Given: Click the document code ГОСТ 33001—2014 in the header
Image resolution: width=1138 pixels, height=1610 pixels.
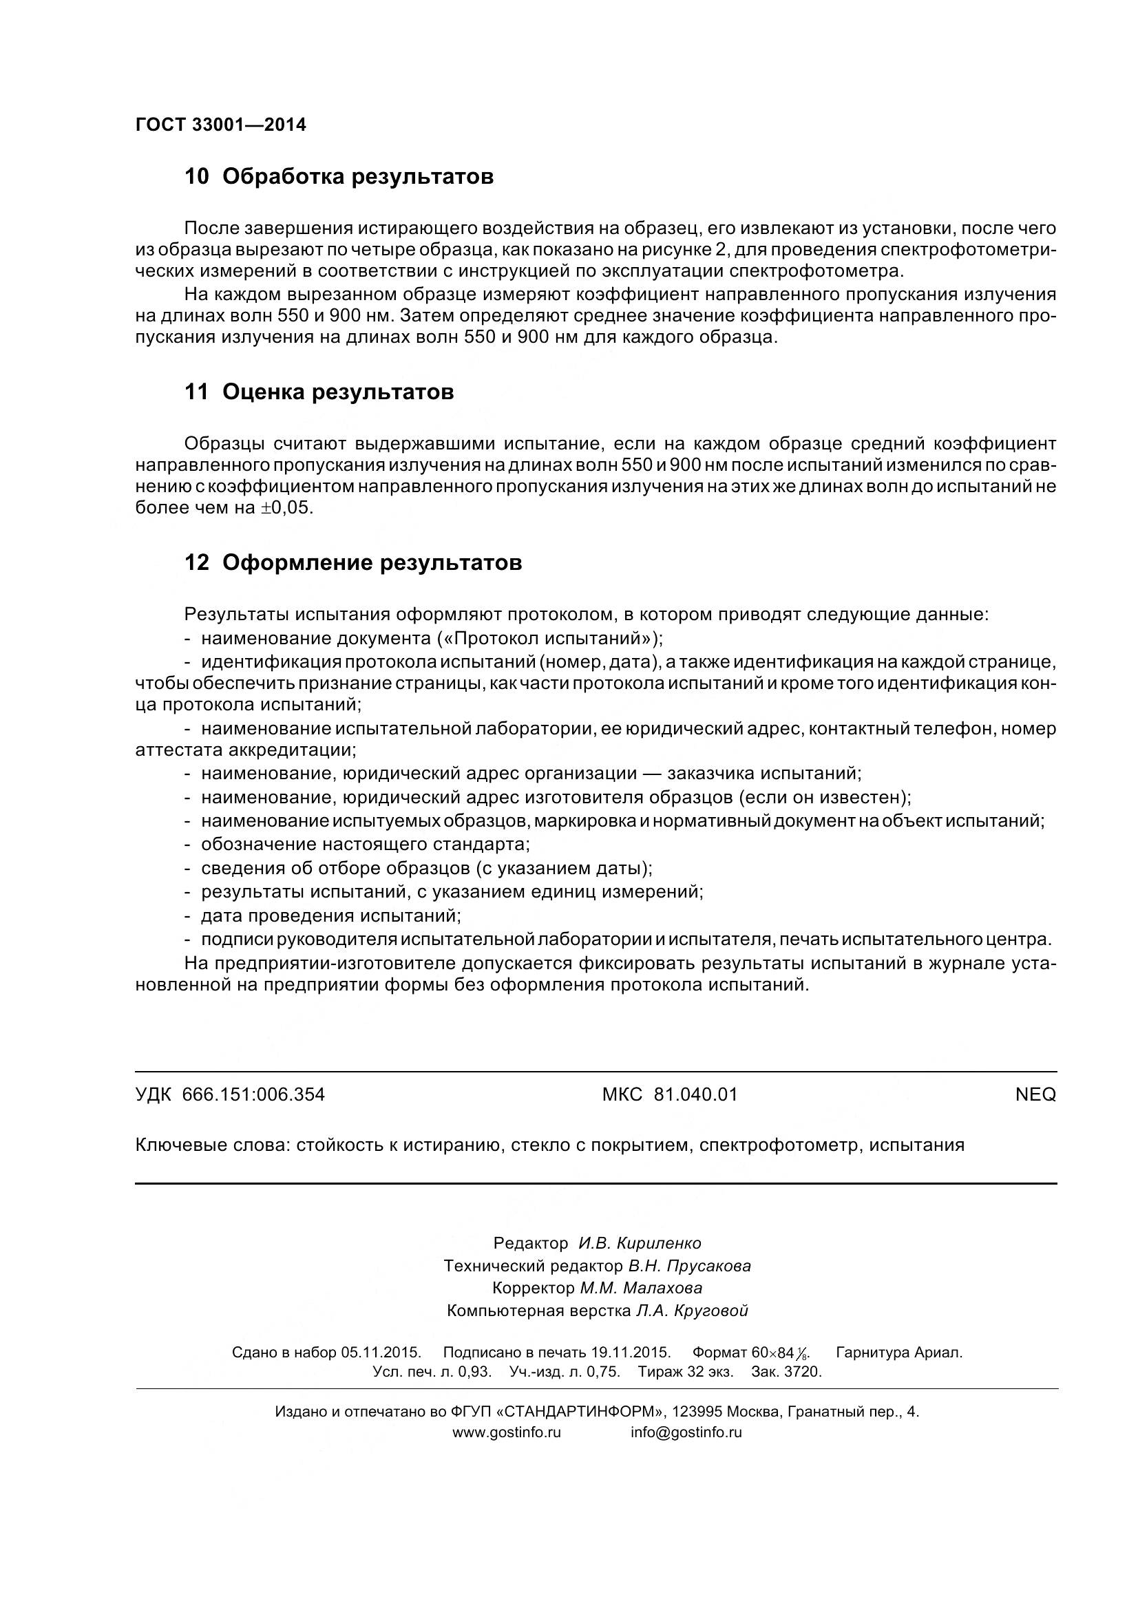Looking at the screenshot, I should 220,125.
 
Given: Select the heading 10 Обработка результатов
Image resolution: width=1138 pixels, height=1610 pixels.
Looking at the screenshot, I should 339,177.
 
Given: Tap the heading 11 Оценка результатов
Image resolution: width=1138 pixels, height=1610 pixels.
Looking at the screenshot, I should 319,392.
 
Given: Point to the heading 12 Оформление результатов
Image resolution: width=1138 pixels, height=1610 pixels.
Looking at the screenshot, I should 352,562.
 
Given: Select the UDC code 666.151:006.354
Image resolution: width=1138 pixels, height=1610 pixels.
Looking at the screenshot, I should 253,1094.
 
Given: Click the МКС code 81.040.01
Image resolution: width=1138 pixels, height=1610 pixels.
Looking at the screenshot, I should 695,1094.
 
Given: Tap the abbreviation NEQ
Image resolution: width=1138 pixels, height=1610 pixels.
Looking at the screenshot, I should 1035,1094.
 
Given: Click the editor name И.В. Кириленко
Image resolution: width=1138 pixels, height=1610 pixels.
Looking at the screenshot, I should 640,1243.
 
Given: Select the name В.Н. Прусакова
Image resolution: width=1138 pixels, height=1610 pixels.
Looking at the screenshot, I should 689,1266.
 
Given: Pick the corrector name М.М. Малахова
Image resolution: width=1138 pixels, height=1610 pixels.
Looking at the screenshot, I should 640,1288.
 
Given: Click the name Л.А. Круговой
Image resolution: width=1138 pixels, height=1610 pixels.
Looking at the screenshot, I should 691,1311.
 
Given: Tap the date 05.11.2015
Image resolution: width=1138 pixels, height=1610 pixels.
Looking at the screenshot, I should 381,1353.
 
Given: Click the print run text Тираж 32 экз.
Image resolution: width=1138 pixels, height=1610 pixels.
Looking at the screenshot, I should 685,1372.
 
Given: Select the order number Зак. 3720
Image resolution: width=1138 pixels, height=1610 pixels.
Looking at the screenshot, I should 786,1372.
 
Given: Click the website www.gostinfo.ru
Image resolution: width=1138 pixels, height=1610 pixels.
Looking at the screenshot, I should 506,1432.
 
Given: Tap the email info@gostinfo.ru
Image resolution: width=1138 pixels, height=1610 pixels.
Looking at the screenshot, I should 686,1432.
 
